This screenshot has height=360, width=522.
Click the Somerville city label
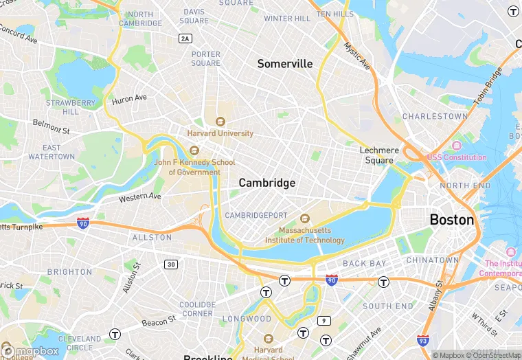pos(285,64)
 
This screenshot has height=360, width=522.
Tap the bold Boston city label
pos(451,220)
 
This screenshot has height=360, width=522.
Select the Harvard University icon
pos(220,122)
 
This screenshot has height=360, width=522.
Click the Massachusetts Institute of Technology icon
pos(305,218)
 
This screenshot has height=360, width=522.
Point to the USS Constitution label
pos(457,157)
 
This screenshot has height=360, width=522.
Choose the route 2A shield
pos(185,38)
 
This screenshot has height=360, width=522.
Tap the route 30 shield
pos(171,265)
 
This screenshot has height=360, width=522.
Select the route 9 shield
pos(324,321)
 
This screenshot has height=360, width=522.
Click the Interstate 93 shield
pos(423,340)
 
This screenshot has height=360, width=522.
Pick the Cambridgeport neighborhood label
pos(256,215)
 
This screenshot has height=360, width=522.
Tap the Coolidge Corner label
pos(197,309)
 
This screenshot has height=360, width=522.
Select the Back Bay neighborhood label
pos(365,264)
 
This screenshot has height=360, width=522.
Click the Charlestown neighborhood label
pos(434,117)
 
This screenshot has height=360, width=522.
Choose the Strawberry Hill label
pos(71,107)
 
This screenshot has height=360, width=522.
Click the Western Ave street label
pos(139,197)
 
